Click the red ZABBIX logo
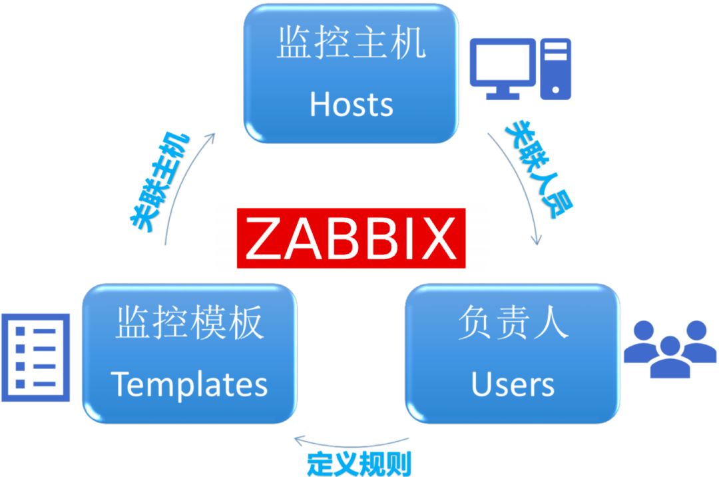pos(351,238)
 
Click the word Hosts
pos(351,104)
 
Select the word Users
pos(513,384)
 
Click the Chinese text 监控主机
pos(351,45)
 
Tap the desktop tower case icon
pos(555,69)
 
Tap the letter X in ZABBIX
pos(435,238)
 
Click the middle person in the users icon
pos(668,356)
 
